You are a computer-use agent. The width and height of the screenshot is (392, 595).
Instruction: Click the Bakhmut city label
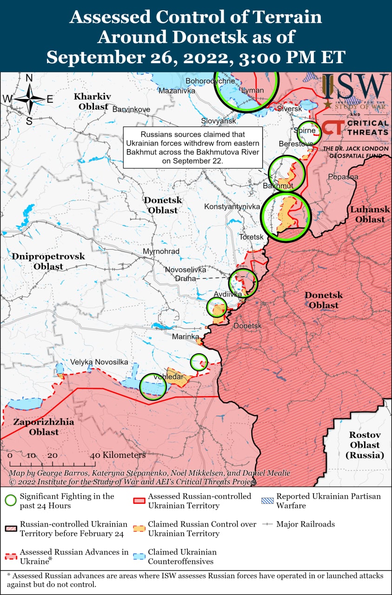tap(278, 186)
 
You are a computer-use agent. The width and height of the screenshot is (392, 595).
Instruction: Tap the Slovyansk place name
tap(219, 121)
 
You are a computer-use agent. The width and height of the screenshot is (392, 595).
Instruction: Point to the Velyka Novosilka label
tap(99, 362)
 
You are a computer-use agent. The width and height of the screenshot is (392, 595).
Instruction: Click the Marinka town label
tap(186, 336)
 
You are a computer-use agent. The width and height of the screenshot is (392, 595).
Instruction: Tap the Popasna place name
tap(343, 177)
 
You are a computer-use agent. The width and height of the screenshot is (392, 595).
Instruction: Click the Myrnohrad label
tap(161, 251)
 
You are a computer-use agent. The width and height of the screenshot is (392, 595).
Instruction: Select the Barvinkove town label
tap(131, 109)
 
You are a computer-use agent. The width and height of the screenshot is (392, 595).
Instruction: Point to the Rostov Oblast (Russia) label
tap(365, 445)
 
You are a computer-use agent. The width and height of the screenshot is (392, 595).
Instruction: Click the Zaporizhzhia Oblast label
tap(37, 427)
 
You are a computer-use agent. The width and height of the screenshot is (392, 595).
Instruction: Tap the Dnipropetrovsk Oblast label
tap(48, 261)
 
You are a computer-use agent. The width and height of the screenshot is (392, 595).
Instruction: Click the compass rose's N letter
tap(29, 78)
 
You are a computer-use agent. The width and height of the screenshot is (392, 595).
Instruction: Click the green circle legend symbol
tap(10, 501)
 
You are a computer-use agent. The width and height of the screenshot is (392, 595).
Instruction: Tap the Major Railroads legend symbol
tap(267, 524)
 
